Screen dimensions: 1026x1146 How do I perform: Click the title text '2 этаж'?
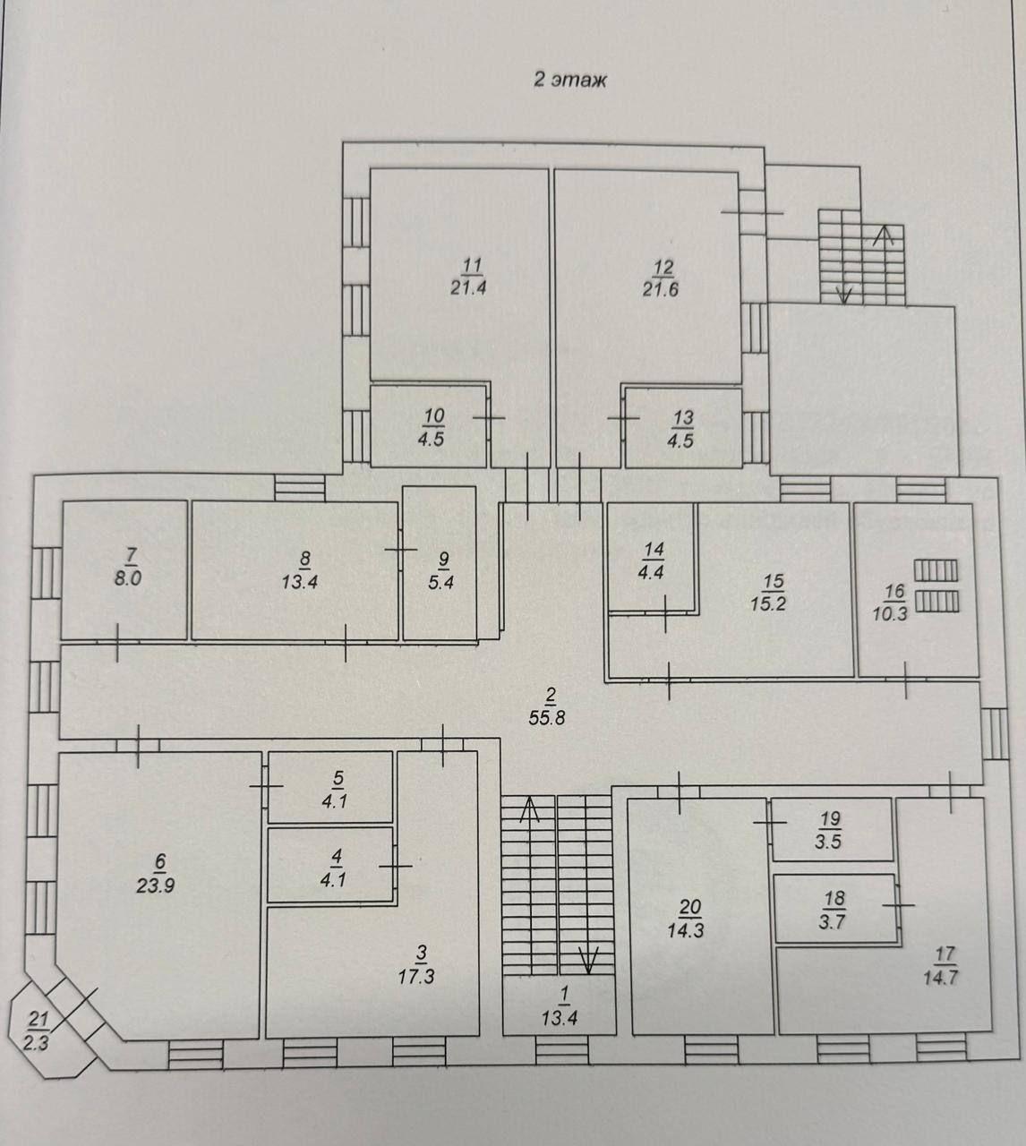pyautogui.click(x=569, y=80)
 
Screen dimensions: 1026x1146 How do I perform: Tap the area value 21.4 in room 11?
pyautogui.click(x=468, y=287)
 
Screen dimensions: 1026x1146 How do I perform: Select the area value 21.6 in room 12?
pyautogui.click(x=661, y=288)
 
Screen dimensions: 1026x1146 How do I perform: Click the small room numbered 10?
pyautogui.click(x=429, y=427)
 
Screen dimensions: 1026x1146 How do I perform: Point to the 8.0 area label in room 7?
pyautogui.click(x=128, y=579)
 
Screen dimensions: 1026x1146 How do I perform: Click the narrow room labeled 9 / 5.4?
pyautogui.click(x=439, y=563)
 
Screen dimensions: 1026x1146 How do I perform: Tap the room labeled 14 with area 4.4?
pyautogui.click(x=651, y=558)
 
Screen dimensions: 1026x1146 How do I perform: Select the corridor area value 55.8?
pyautogui.click(x=548, y=718)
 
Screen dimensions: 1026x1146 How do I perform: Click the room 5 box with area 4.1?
pyautogui.click(x=330, y=787)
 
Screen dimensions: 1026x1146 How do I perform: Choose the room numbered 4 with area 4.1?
pyautogui.click(x=331, y=865)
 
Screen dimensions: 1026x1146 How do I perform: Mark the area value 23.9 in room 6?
pyautogui.click(x=155, y=885)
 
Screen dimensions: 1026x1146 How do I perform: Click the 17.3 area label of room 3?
pyautogui.click(x=416, y=976)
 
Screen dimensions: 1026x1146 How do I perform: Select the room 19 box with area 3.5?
pyautogui.click(x=833, y=829)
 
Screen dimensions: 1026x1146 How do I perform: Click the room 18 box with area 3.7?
pyautogui.click(x=834, y=908)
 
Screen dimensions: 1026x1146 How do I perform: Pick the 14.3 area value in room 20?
pyautogui.click(x=686, y=930)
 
